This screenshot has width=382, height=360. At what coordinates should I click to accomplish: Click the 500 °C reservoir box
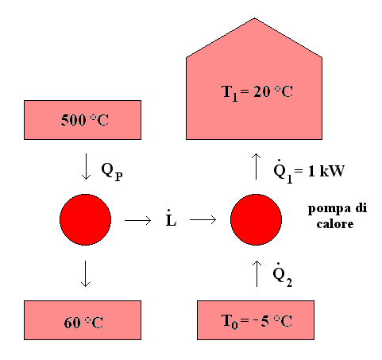click(x=83, y=120)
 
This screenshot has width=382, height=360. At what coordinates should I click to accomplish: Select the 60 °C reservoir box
click(x=83, y=320)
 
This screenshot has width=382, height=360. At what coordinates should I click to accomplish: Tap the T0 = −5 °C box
click(x=256, y=320)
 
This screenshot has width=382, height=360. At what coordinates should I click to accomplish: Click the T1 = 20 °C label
click(x=257, y=93)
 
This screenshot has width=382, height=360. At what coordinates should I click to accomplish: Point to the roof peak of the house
click(x=254, y=18)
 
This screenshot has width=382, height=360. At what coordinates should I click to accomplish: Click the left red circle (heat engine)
click(x=85, y=219)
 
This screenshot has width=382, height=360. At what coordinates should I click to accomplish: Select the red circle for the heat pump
click(x=256, y=219)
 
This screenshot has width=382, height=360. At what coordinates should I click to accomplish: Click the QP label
click(x=112, y=172)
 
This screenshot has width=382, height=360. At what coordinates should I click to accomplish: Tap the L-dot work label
click(x=171, y=218)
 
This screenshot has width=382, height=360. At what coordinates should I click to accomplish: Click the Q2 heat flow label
click(x=283, y=275)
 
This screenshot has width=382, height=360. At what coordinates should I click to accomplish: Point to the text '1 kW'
click(x=326, y=171)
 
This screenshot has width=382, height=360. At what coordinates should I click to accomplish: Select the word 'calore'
click(x=335, y=224)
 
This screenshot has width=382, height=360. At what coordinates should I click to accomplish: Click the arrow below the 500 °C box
click(x=86, y=166)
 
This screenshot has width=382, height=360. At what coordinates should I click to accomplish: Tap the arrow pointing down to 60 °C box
click(x=85, y=273)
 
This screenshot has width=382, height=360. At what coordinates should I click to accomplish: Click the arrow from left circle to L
click(x=138, y=220)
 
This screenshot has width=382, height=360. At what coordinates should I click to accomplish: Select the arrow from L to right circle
click(x=203, y=219)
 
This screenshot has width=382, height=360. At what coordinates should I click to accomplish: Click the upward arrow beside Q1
click(x=256, y=166)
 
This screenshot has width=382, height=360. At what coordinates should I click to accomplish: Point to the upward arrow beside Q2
click(x=257, y=273)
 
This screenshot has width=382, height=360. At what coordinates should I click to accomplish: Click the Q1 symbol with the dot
click(x=283, y=172)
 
